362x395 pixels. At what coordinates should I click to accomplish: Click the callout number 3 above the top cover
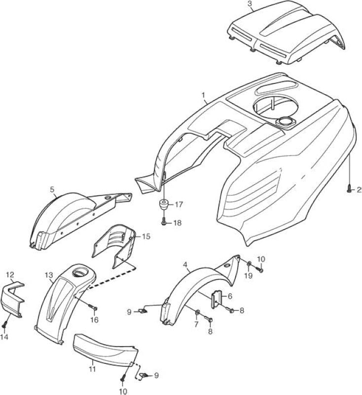pyautogui.click(x=250, y=4)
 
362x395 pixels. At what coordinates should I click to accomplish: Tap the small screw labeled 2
pyautogui.click(x=349, y=190)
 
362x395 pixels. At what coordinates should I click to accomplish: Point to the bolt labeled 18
pyautogui.click(x=164, y=223)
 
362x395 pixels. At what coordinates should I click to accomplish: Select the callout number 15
pyautogui.click(x=146, y=237)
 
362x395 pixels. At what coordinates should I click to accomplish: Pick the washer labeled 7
pyautogui.click(x=197, y=313)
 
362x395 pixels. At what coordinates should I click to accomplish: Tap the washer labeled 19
pyautogui.click(x=249, y=264)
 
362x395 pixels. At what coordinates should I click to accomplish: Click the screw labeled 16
pyautogui.click(x=93, y=307)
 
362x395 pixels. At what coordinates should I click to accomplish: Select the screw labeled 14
pyautogui.click(x=4, y=325)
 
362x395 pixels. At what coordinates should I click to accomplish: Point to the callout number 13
pyautogui.click(x=49, y=275)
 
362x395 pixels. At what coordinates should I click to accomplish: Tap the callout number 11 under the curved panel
pyautogui.click(x=92, y=369)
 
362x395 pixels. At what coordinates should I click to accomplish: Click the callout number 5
pyautogui.click(x=52, y=190)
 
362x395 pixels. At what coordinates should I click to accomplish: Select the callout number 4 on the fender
pyautogui.click(x=185, y=265)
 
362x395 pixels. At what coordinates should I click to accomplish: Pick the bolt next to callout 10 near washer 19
pyautogui.click(x=259, y=270)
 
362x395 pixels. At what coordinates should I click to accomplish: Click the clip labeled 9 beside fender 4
pyautogui.click(x=143, y=312)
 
